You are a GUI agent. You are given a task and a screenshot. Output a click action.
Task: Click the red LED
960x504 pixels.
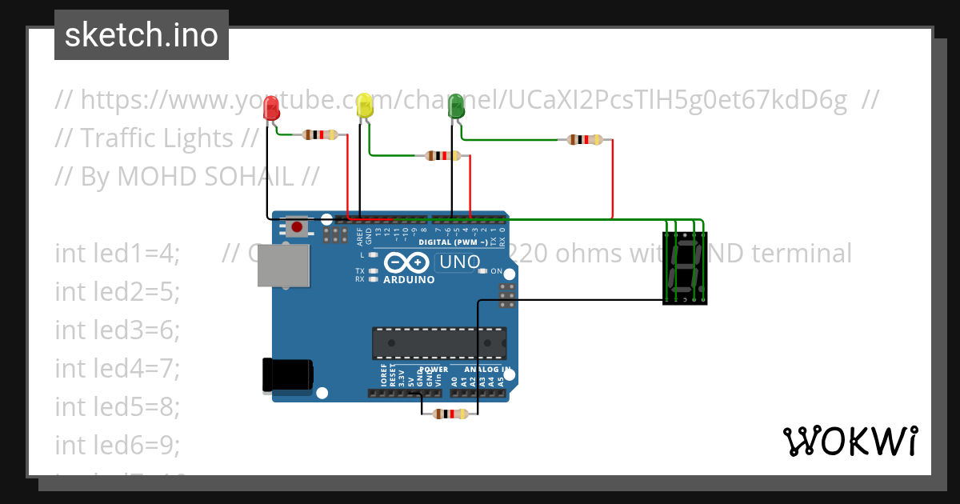[272, 110]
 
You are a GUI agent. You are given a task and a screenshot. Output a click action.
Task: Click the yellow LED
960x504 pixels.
[365, 106]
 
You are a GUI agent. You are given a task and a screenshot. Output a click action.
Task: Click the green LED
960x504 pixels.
[456, 106]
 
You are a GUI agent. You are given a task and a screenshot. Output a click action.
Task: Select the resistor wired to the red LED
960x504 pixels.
[319, 135]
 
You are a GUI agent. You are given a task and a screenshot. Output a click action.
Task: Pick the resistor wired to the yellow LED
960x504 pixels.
[442, 155]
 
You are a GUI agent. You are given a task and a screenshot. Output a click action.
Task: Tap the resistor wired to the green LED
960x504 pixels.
[585, 140]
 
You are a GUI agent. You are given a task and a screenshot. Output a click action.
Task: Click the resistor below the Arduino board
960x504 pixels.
[450, 414]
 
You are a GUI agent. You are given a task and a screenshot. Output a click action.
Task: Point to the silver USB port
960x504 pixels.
[283, 265]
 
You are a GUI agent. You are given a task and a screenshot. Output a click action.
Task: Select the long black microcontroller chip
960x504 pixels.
[438, 342]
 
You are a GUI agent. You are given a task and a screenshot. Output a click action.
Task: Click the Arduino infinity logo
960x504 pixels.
[407, 263]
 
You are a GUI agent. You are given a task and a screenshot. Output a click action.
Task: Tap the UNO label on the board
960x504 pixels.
[458, 262]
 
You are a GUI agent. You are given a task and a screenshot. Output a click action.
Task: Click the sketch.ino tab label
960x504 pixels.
[142, 35]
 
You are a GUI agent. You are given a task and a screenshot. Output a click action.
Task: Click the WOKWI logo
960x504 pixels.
[850, 441]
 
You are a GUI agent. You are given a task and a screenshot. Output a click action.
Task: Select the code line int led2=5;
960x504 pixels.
[118, 292]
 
